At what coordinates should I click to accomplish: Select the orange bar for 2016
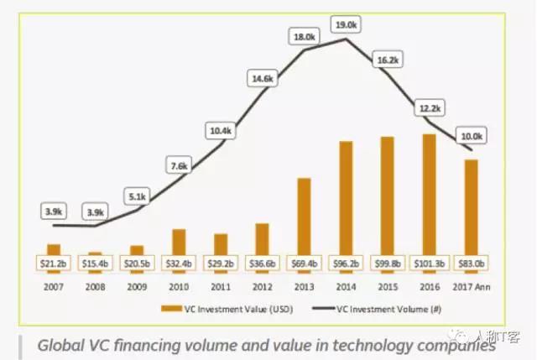point(429,194)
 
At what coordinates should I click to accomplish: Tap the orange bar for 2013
point(304,216)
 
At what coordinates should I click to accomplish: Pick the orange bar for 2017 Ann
point(471,206)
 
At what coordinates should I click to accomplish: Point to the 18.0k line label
point(303,37)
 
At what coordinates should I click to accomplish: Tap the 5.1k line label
point(137,196)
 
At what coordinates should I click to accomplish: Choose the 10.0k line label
point(470,136)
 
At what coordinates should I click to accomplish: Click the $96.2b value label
point(346,263)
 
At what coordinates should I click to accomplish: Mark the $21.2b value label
point(54,263)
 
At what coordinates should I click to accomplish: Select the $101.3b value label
point(429,263)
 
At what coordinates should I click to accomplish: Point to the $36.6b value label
point(263,263)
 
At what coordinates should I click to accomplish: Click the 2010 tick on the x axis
point(179,284)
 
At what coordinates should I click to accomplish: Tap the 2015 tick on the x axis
point(387,284)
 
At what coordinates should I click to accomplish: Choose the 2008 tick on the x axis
point(95,284)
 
